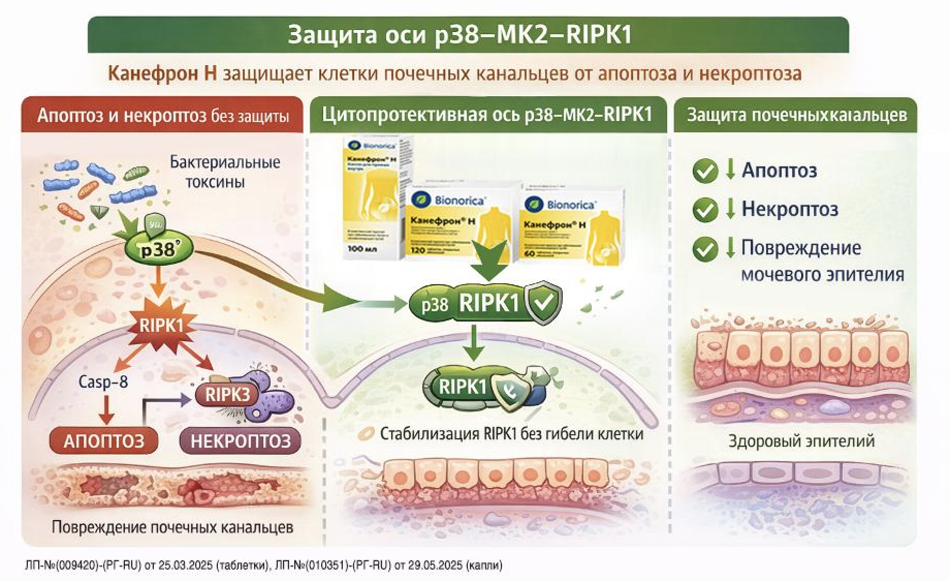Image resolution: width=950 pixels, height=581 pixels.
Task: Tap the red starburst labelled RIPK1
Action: [x=161, y=326]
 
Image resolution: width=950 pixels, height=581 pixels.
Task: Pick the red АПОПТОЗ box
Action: [x=103, y=441]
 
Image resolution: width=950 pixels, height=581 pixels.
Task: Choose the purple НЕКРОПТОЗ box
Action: [x=241, y=441]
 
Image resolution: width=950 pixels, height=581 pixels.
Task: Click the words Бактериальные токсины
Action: [x=225, y=172]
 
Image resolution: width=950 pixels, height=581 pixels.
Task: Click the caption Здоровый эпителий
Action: [x=801, y=441]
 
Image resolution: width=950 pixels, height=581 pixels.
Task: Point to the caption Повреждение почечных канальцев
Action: [x=172, y=527]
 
